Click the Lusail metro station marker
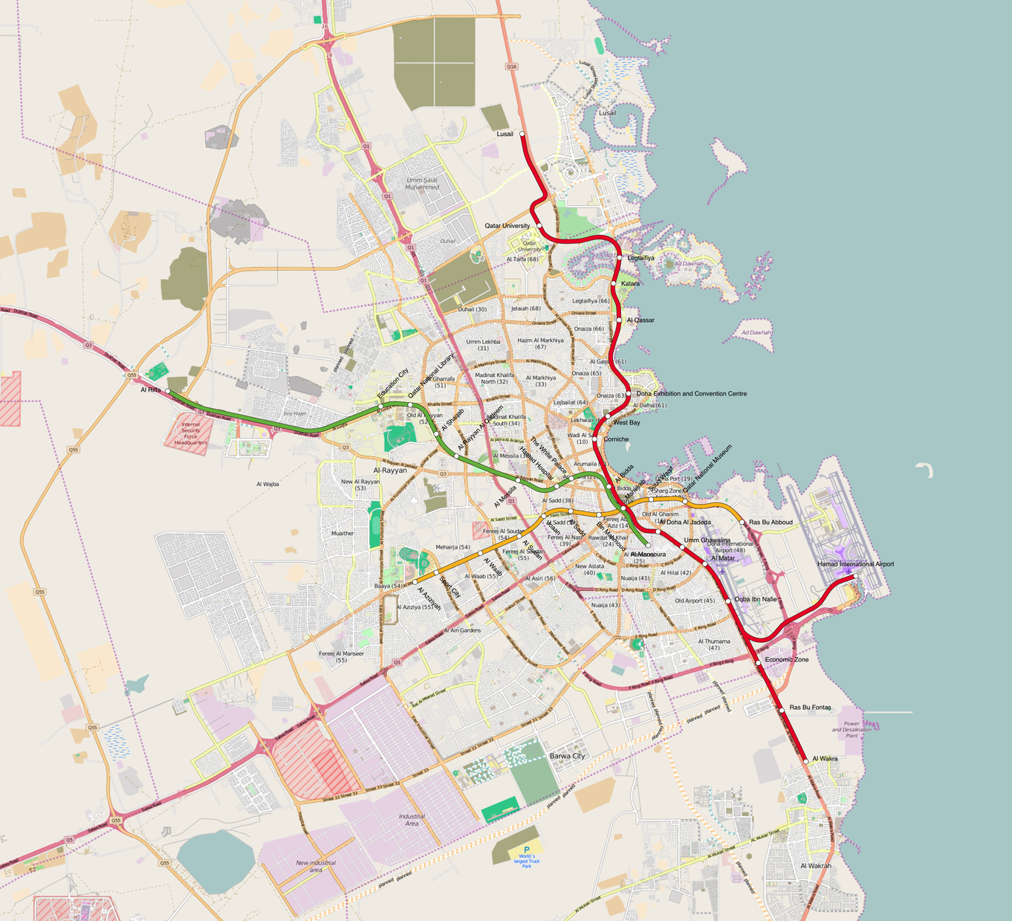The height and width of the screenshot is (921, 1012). (x=522, y=135)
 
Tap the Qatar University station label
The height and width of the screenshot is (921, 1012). (x=507, y=225)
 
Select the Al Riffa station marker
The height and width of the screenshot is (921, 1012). (x=168, y=390)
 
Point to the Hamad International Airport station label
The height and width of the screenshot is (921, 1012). (x=855, y=564)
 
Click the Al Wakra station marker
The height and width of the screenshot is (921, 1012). (x=805, y=761)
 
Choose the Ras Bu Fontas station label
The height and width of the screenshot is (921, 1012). (x=810, y=708)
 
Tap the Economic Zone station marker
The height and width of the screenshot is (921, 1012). (x=758, y=662)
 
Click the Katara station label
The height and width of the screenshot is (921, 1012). (x=630, y=284)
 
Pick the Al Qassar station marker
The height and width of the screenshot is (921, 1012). (x=619, y=320)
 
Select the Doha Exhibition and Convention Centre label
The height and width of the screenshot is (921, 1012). (x=691, y=394)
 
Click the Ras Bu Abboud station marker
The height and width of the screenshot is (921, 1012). (x=742, y=523)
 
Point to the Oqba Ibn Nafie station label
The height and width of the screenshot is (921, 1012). (x=756, y=599)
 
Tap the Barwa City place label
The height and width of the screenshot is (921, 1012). (x=567, y=756)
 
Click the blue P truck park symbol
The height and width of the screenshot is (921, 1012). (x=527, y=850)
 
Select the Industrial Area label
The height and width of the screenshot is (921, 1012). (x=412, y=820)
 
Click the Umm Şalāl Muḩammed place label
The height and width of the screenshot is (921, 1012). (x=422, y=184)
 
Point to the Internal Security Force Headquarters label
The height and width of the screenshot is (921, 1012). (x=191, y=433)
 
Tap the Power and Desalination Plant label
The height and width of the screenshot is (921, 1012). (x=852, y=729)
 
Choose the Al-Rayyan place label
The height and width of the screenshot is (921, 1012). (x=390, y=471)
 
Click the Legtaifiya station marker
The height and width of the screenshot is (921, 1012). (x=620, y=257)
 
